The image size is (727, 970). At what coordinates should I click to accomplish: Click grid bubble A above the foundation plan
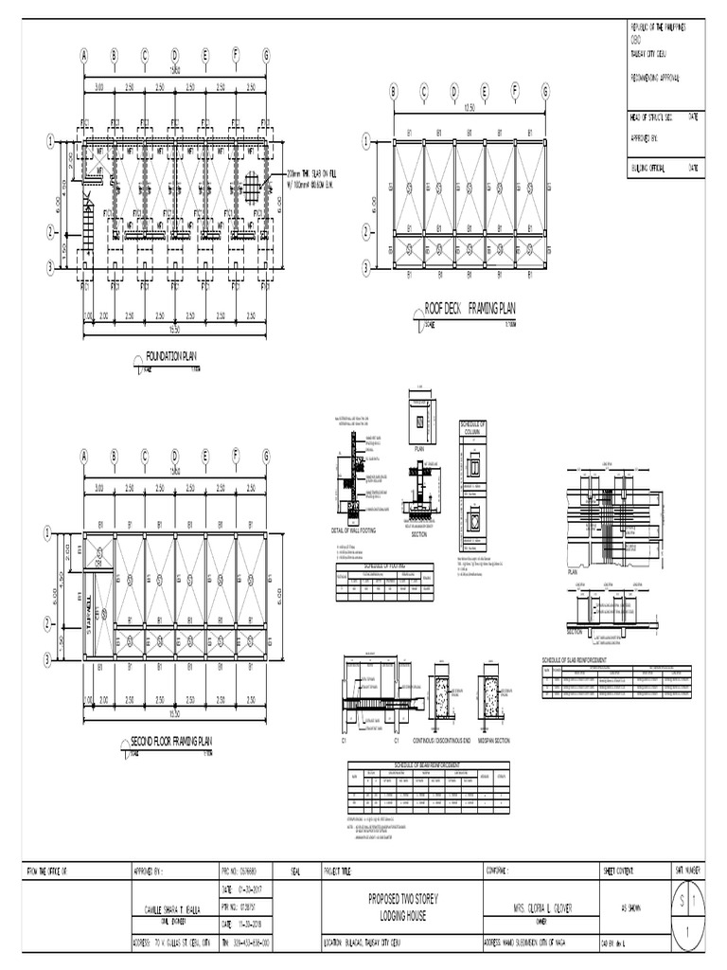(83, 54)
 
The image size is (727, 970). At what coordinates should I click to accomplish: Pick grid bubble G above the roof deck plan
(545, 91)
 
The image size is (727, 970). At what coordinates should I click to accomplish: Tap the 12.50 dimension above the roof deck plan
(469, 108)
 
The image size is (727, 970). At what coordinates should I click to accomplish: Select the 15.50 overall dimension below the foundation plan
(174, 330)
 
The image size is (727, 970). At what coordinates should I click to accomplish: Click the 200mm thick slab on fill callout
(313, 178)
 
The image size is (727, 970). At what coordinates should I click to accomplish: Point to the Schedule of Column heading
(473, 427)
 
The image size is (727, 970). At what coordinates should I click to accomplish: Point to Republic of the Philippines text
(663, 30)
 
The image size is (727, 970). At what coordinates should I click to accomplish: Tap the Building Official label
(652, 168)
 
